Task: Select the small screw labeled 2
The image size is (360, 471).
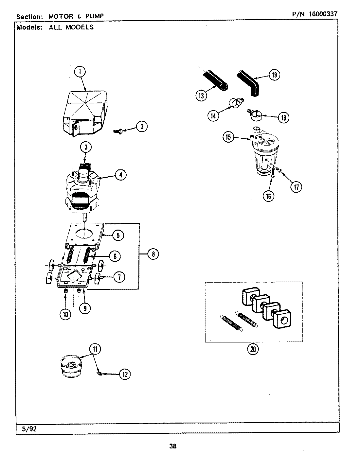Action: point(117,131)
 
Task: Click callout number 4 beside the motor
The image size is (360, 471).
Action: point(120,175)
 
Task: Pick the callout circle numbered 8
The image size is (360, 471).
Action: point(153,254)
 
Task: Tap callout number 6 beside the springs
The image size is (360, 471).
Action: point(115,256)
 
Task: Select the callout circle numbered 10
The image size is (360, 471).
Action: point(65,314)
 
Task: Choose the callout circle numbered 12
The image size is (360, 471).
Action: point(125,374)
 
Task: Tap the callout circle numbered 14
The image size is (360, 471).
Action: point(213,115)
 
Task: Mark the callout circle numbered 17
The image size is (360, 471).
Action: point(297,187)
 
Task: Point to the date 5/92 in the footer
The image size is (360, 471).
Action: point(30,429)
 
